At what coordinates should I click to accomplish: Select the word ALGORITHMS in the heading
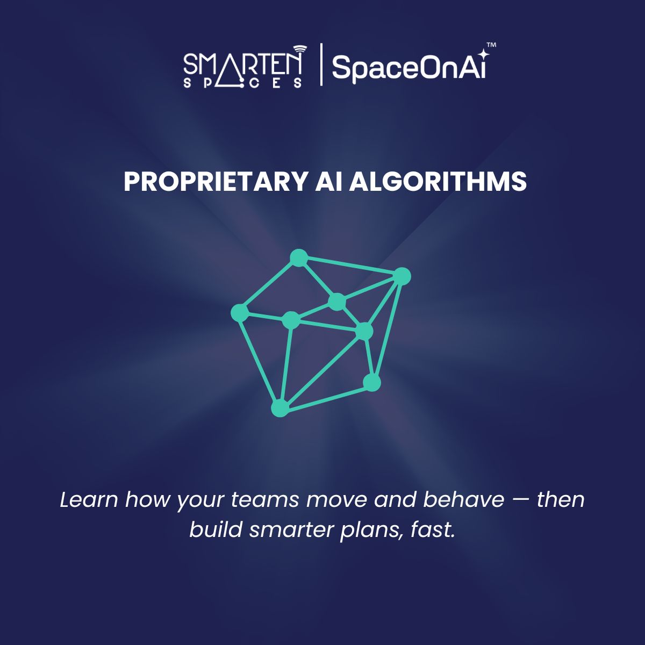click(438, 182)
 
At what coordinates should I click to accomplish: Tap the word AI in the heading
click(328, 182)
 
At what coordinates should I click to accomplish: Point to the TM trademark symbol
click(491, 46)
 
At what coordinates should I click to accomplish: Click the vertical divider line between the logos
click(321, 64)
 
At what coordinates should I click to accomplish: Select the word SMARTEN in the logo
click(242, 64)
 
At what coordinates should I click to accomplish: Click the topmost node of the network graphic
click(298, 258)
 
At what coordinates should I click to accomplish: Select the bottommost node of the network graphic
click(279, 408)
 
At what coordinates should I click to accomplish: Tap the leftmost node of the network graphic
click(240, 312)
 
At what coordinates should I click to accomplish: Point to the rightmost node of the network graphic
click(402, 276)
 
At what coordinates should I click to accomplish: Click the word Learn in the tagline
click(89, 500)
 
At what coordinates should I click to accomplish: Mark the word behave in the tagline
click(463, 500)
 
